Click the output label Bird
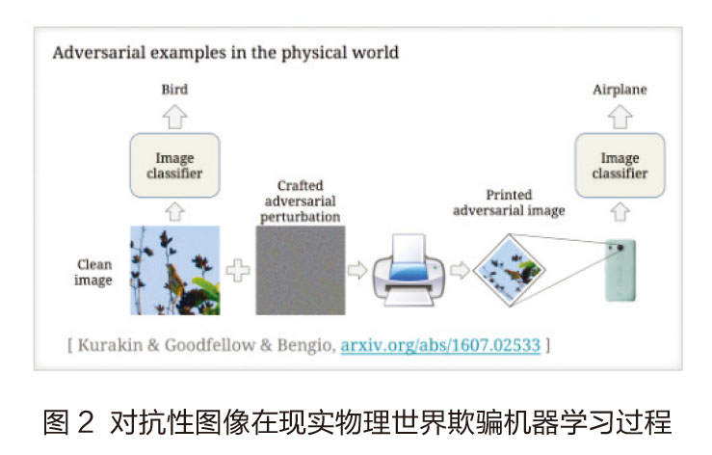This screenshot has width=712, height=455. (x=174, y=89)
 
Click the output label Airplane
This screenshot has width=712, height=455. (x=620, y=90)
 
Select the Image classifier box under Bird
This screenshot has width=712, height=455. (x=174, y=166)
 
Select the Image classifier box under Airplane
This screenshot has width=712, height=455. (x=620, y=166)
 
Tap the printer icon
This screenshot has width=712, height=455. (x=409, y=270)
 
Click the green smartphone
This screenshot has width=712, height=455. (x=620, y=271)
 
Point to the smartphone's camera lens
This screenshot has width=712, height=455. (x=620, y=248)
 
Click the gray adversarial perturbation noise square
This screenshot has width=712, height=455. (x=301, y=271)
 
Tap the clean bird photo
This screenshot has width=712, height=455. (x=174, y=271)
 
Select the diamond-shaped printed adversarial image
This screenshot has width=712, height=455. (x=509, y=270)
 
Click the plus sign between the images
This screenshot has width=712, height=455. (x=238, y=271)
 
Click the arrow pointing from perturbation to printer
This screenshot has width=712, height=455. (x=357, y=270)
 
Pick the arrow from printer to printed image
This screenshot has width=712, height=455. (x=460, y=270)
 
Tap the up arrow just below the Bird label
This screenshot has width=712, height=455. (x=174, y=117)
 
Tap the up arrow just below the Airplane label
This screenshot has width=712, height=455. (x=620, y=117)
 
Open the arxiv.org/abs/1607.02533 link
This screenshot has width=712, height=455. (x=440, y=345)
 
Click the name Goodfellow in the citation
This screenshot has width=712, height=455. (x=210, y=345)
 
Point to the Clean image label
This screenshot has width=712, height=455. (x=94, y=272)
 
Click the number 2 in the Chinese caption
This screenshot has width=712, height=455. (x=86, y=422)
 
